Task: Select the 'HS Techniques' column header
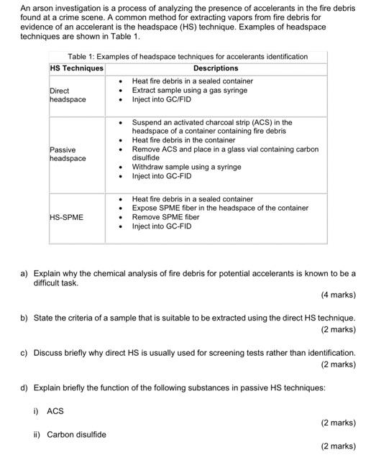76,68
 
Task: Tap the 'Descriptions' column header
216,68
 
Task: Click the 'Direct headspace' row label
68,95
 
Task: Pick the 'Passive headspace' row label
68,154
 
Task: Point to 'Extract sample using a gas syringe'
190,91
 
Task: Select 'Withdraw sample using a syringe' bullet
186,167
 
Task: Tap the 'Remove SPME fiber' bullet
166,217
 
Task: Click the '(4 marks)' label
338,295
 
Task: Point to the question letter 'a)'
24,274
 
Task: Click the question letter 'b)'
24,318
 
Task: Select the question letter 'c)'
24,353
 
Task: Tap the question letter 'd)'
24,388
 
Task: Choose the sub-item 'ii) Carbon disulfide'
70,434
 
